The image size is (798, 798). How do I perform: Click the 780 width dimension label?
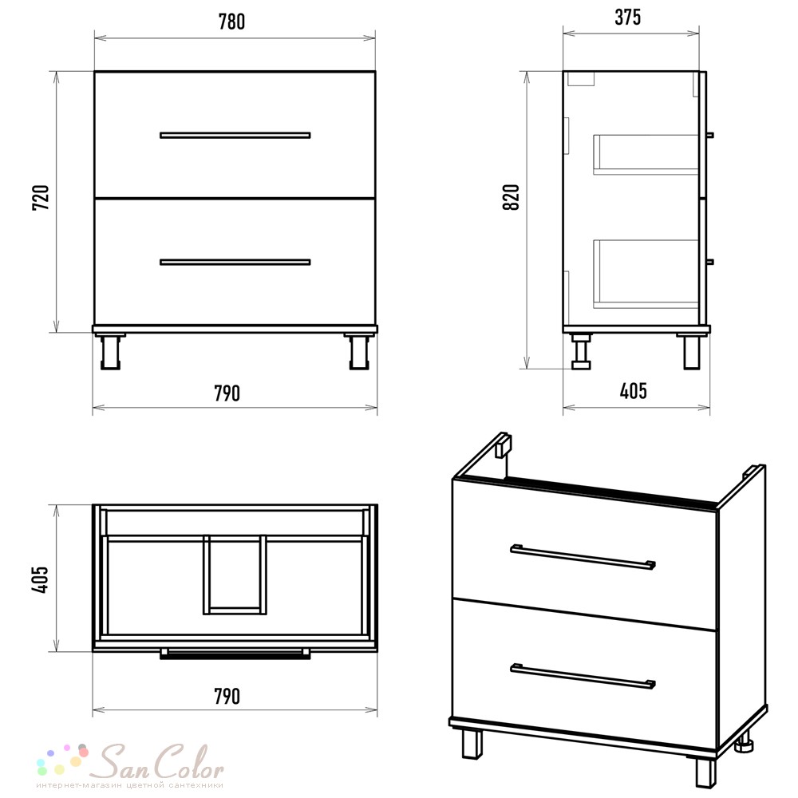231,22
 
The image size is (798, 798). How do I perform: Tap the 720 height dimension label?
41,197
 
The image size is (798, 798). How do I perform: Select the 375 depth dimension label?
627,18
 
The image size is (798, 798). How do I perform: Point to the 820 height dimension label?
511,197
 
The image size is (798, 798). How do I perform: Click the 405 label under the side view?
634,391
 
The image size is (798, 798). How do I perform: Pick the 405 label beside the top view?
40,579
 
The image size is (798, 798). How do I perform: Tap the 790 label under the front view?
227,393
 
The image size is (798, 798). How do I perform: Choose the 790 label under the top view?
227,696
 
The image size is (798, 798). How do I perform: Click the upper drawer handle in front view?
235,136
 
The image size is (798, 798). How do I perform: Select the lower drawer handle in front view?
235,262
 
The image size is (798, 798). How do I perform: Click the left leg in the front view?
110,352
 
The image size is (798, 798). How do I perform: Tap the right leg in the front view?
359,352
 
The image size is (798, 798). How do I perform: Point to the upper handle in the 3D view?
583,557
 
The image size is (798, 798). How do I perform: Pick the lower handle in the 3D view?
583,677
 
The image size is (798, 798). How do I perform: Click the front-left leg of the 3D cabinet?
472,744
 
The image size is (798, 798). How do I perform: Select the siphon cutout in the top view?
235,575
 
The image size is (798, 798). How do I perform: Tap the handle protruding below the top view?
235,654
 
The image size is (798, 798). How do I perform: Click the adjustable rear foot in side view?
581,352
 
